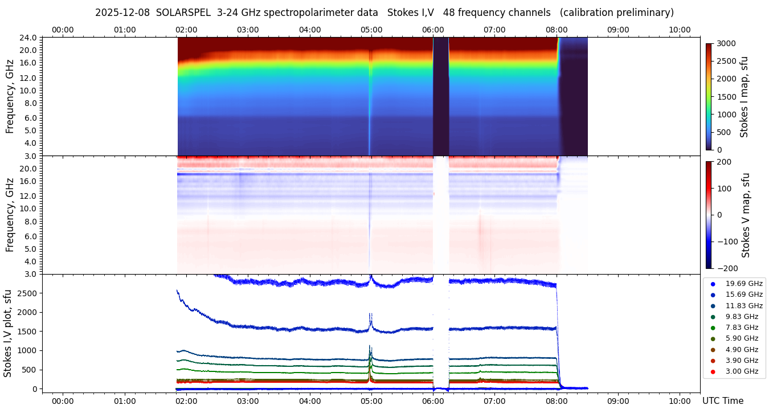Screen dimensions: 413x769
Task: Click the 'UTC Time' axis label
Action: point(722,401)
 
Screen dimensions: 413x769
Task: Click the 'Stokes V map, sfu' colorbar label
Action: point(745,215)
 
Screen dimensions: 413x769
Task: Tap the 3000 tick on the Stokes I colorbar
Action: point(726,43)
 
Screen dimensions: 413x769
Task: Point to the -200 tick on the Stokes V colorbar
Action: point(727,268)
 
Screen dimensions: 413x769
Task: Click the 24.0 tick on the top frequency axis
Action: point(29,38)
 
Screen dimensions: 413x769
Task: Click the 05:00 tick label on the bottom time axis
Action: point(371,401)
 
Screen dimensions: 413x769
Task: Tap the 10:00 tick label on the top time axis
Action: point(680,30)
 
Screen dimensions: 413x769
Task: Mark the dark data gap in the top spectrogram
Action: point(441,97)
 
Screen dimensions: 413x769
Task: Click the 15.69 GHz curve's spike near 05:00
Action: point(371,316)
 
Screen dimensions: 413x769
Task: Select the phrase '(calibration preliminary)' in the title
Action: point(617,13)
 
